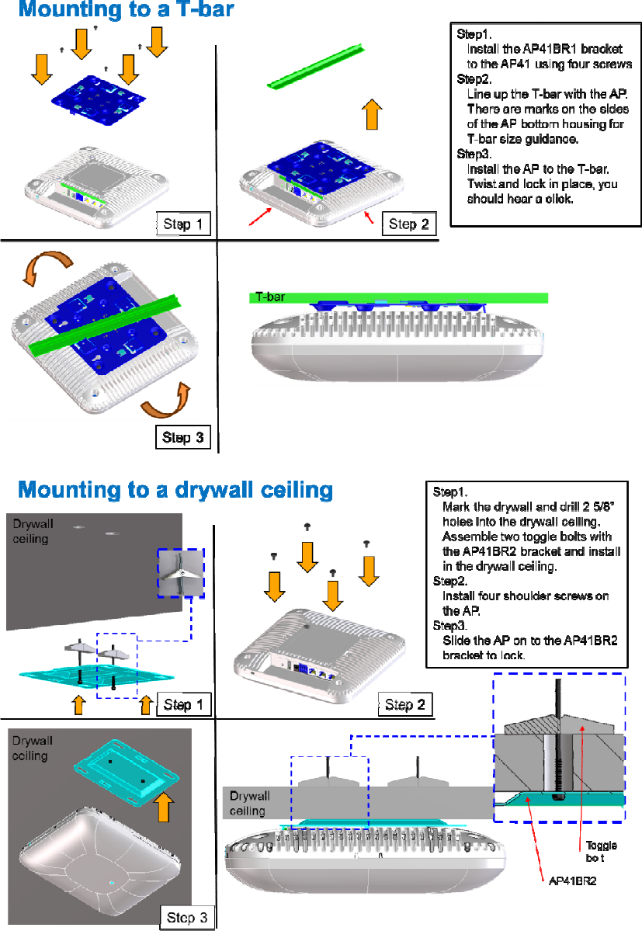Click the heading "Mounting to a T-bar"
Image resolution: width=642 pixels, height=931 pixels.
(126, 10)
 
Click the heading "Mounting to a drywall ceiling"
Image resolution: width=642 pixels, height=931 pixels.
(175, 490)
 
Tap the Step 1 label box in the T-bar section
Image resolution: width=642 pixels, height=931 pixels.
(183, 225)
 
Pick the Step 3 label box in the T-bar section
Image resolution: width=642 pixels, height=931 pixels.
(182, 437)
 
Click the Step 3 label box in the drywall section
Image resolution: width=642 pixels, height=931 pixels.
(187, 917)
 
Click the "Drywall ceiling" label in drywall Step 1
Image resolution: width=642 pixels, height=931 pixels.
(30, 530)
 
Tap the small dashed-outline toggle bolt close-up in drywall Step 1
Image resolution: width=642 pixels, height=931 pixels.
(180, 574)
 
